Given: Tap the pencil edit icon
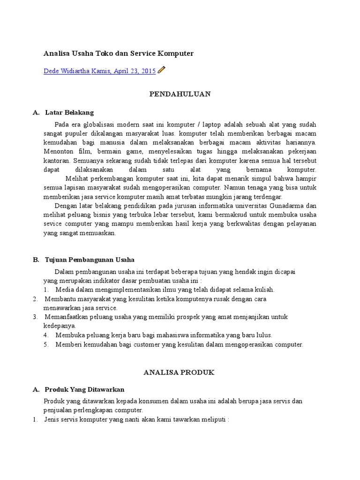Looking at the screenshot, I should tap(162, 70).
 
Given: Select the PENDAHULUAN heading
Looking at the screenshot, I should tap(180, 94).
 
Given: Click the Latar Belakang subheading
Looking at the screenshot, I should tap(69, 112).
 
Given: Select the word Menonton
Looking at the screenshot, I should tap(59, 151).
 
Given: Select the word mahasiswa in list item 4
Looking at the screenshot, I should tap(172, 335).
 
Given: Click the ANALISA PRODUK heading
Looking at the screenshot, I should tap(180, 372).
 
